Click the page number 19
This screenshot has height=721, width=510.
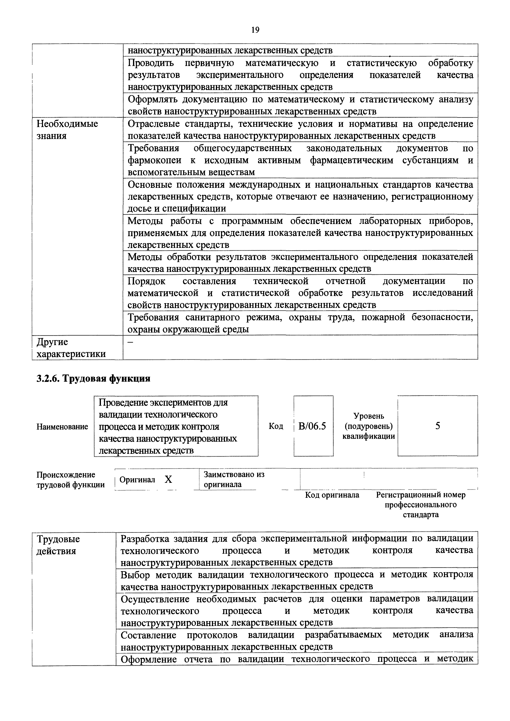(255, 30)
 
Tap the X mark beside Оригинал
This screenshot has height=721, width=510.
(169, 479)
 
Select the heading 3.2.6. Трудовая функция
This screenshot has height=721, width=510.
(94, 378)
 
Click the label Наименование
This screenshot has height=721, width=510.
(62, 426)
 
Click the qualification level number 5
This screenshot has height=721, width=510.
(437, 426)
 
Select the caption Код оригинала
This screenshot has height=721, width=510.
(332, 495)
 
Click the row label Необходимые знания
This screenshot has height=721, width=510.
(67, 130)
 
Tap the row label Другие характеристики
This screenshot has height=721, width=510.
(71, 348)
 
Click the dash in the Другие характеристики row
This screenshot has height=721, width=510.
(130, 342)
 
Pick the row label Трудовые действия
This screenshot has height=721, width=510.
(58, 545)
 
